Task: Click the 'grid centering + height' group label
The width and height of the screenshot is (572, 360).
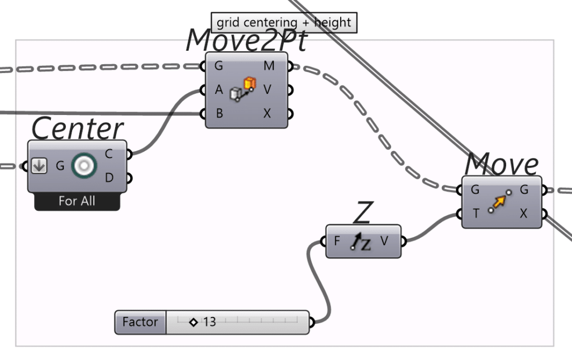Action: point(284,23)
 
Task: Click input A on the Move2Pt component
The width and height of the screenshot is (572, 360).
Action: point(218,90)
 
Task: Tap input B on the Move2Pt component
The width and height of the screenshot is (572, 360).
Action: point(219,113)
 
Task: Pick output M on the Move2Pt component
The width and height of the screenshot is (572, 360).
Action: point(269,66)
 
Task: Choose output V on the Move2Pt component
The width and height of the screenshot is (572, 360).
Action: point(268,90)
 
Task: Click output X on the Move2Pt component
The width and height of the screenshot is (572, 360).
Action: point(268,113)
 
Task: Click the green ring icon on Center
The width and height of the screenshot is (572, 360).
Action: point(84,166)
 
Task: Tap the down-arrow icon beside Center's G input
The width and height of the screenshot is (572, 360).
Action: point(39,166)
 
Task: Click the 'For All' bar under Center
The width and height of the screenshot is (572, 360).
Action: point(77,201)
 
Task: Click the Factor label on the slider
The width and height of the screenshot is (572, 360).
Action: point(140,322)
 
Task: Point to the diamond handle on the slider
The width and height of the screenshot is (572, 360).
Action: point(193,322)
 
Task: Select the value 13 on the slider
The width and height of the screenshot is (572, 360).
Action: point(209,322)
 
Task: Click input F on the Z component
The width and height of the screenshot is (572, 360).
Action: point(337,241)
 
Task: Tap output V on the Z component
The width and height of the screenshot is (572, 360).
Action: point(384,241)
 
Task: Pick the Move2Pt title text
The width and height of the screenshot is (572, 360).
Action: point(246,40)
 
